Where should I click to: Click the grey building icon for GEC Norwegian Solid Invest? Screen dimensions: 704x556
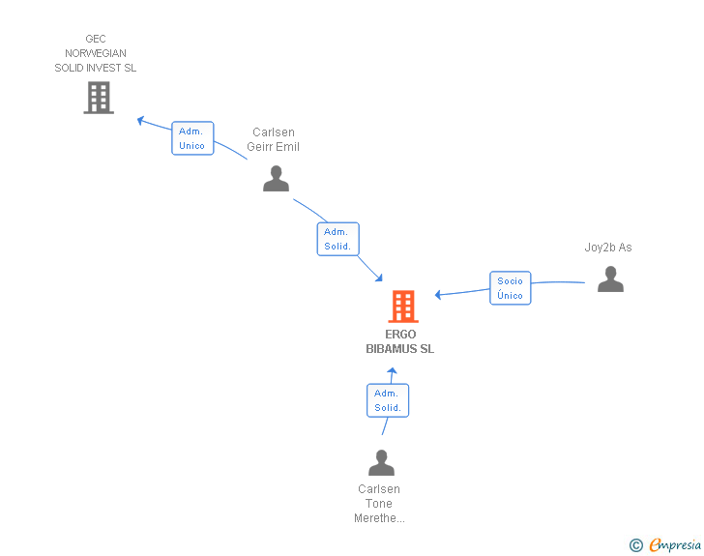[x=99, y=98]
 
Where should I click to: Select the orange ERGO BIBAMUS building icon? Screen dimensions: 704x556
[x=403, y=307]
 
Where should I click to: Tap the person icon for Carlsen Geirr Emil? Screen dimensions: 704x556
[x=277, y=178]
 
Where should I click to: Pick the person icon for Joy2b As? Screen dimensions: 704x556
[x=610, y=278]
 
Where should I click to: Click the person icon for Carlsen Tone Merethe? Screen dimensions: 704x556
[x=381, y=462]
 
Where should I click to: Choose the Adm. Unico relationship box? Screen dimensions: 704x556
[x=192, y=138]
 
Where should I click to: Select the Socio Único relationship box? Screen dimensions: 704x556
[x=510, y=288]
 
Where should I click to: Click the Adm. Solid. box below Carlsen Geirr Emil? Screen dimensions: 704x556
[x=338, y=239]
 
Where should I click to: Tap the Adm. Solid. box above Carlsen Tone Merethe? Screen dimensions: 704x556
[x=388, y=400]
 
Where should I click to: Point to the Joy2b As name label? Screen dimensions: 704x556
[x=608, y=248]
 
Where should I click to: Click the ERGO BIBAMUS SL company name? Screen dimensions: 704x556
[x=400, y=341]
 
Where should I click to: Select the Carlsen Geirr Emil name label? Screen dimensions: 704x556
[x=273, y=139]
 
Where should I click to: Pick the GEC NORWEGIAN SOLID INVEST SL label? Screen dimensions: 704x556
[x=95, y=53]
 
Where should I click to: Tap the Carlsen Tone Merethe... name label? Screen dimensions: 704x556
[x=379, y=504]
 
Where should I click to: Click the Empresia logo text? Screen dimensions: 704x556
[x=675, y=545]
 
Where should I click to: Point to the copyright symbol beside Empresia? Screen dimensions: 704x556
[x=635, y=545]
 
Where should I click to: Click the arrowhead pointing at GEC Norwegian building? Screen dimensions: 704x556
[x=140, y=120]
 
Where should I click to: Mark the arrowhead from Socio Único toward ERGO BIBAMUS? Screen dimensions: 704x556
[x=438, y=295]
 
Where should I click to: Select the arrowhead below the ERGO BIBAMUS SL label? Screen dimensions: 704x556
[x=392, y=371]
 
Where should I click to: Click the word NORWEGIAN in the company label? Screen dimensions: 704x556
[x=96, y=53]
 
